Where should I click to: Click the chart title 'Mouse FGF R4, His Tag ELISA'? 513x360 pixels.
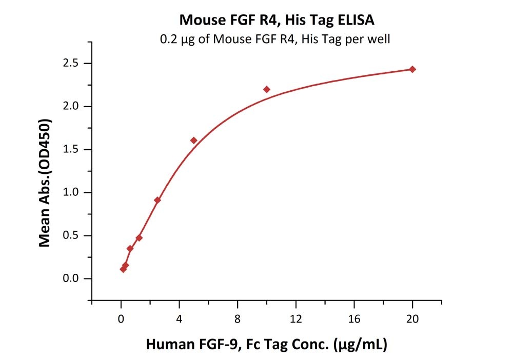point(277,21)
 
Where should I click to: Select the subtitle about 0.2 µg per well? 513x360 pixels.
point(275,39)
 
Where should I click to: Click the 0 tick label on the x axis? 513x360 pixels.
point(121,318)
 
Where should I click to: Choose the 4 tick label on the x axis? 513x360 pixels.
point(179,318)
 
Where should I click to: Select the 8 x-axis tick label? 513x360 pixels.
point(237,318)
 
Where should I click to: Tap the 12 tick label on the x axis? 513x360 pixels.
point(295,318)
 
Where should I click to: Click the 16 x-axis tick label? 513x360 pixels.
point(354,318)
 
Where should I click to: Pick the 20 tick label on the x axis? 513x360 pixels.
point(412,318)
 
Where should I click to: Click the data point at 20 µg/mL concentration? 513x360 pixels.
point(412,69)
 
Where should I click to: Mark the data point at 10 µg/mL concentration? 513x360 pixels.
point(267,89)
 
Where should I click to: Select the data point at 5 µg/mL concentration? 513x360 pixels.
point(193,141)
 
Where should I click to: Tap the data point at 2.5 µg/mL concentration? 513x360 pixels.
point(157,200)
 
